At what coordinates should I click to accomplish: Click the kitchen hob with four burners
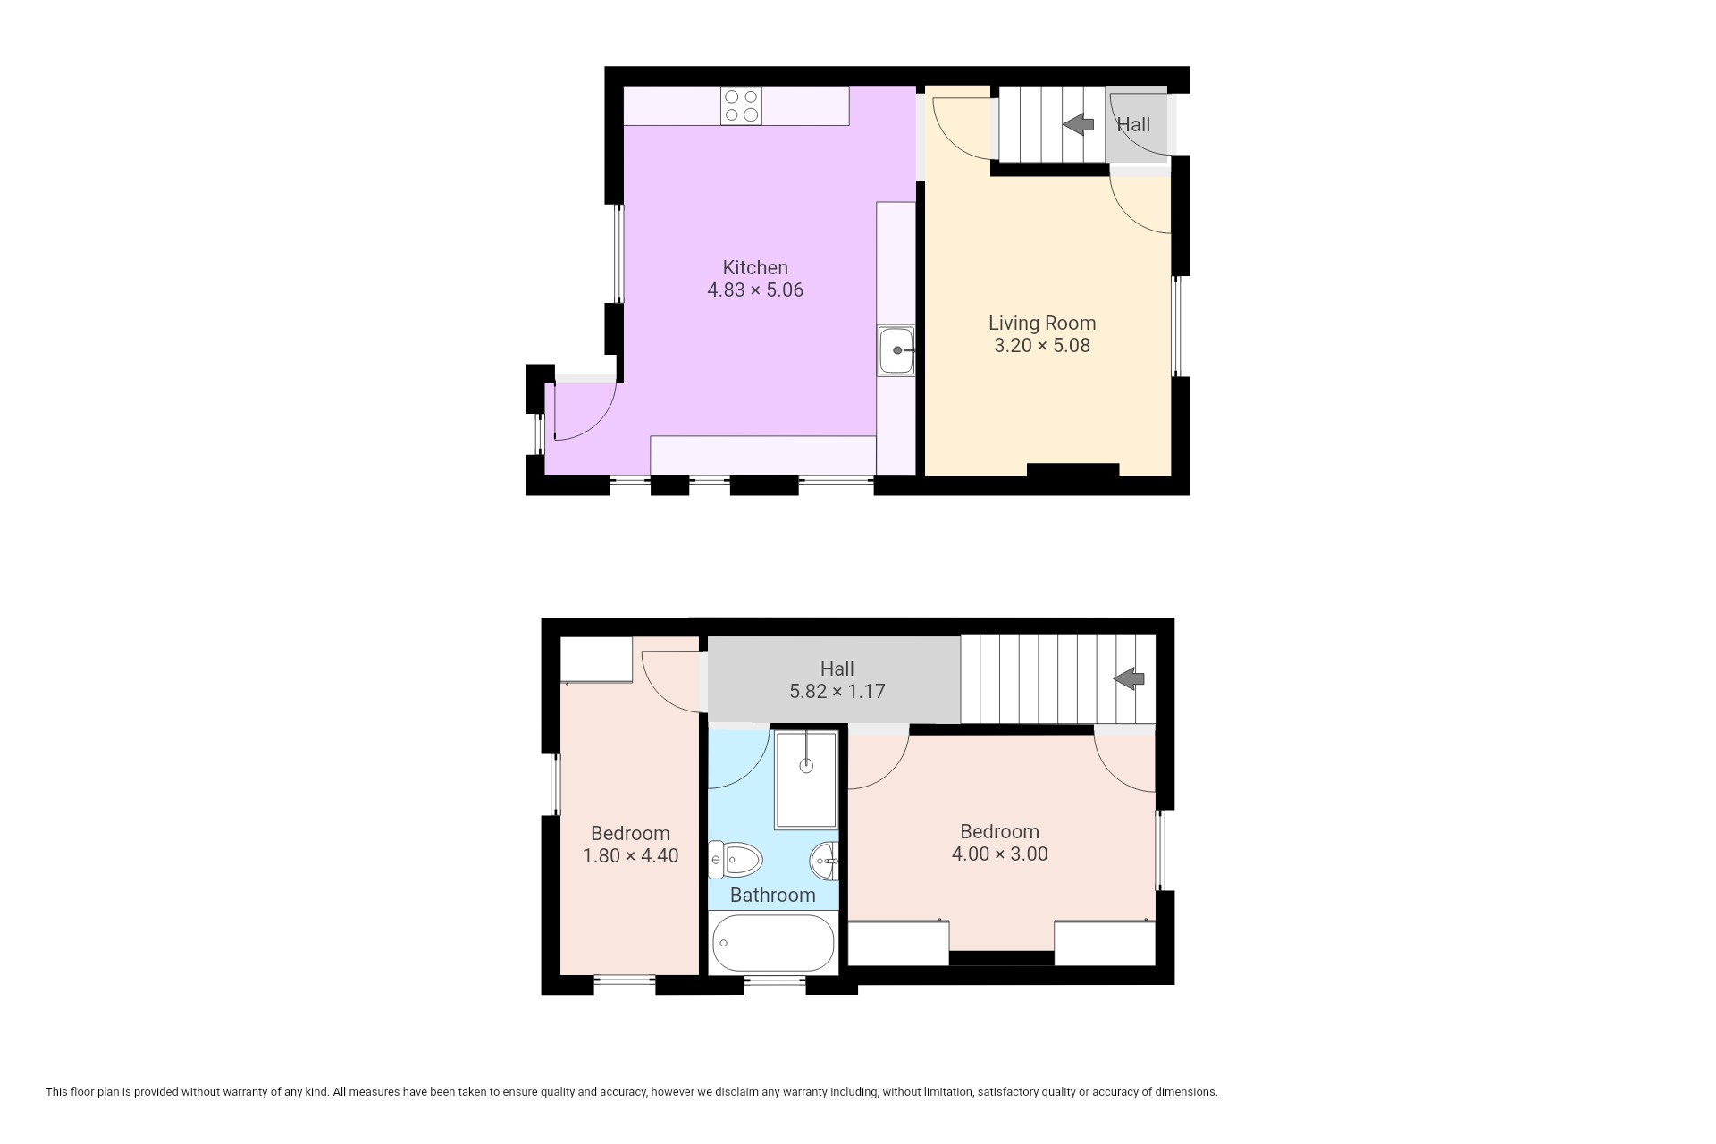(742, 105)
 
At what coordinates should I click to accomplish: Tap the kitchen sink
(896, 350)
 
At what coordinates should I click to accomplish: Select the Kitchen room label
(755, 267)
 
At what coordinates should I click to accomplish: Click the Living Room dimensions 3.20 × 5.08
(1042, 346)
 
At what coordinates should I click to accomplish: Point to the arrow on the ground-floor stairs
(1079, 124)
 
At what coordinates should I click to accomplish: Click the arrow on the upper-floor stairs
(1129, 678)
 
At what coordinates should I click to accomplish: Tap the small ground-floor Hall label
(1133, 124)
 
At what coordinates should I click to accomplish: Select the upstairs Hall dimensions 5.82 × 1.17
(837, 691)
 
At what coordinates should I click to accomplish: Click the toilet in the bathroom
(735, 861)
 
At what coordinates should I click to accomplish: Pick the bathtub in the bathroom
(774, 943)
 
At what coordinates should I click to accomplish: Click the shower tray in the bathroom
(806, 780)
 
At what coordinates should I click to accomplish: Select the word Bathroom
(773, 895)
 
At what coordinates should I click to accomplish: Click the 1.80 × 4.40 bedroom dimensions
(631, 855)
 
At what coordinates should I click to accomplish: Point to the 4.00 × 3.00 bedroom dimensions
(1000, 854)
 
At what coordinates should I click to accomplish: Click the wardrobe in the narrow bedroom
(596, 660)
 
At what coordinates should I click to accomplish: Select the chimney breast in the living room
(1072, 470)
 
